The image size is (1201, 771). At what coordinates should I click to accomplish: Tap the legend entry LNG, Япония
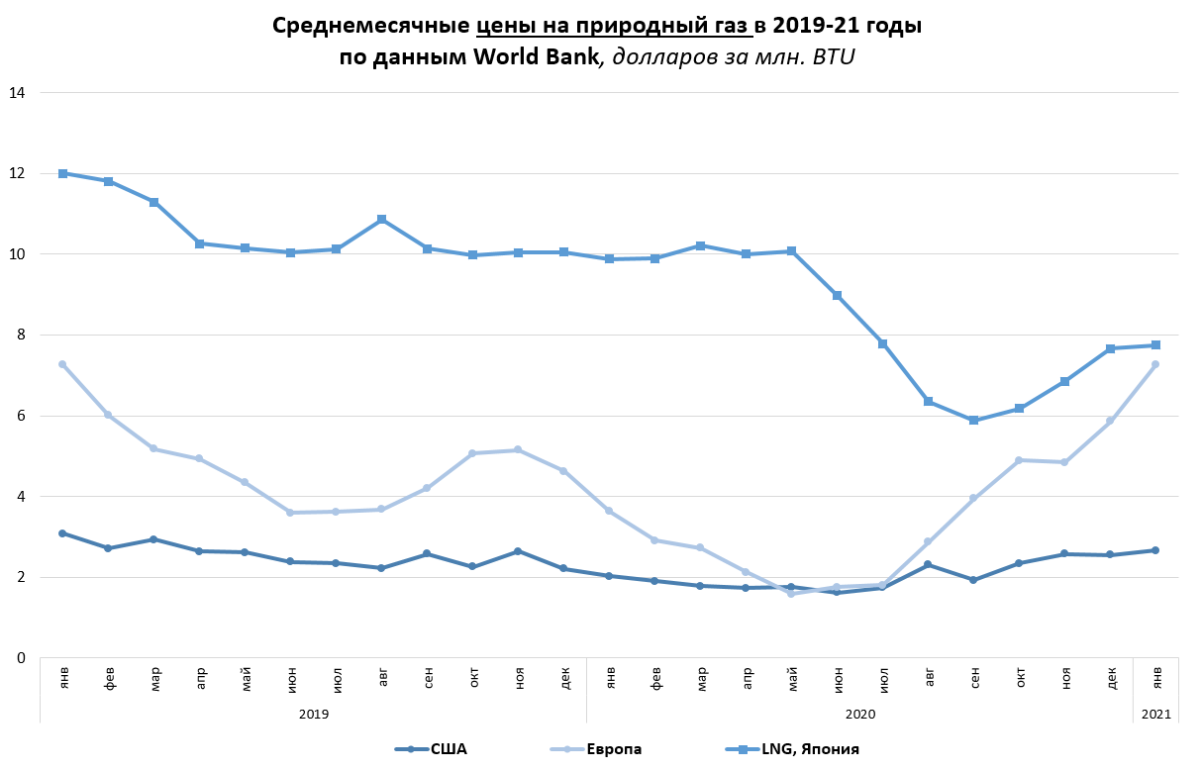(x=809, y=749)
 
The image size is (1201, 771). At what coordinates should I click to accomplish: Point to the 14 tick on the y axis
(x=17, y=93)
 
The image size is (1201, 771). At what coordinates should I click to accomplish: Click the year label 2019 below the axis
(x=313, y=713)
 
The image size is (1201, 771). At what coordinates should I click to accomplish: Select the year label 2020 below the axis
(x=859, y=713)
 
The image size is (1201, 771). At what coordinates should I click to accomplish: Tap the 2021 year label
(x=1155, y=713)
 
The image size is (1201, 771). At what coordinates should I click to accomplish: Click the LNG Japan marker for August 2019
(x=381, y=219)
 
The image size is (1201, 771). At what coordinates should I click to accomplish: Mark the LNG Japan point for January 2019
(x=62, y=173)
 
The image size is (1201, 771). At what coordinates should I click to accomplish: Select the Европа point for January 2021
(x=1155, y=364)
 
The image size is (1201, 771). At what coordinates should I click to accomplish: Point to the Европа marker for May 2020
(x=791, y=594)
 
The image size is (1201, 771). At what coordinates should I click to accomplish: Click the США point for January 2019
(x=62, y=533)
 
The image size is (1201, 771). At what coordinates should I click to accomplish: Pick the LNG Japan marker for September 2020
(x=973, y=421)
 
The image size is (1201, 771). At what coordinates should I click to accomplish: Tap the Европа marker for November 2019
(x=518, y=450)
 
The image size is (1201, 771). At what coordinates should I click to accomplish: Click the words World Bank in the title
(x=536, y=56)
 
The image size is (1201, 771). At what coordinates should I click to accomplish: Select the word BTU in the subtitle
(x=834, y=56)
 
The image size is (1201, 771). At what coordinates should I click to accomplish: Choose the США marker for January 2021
(x=1155, y=550)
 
